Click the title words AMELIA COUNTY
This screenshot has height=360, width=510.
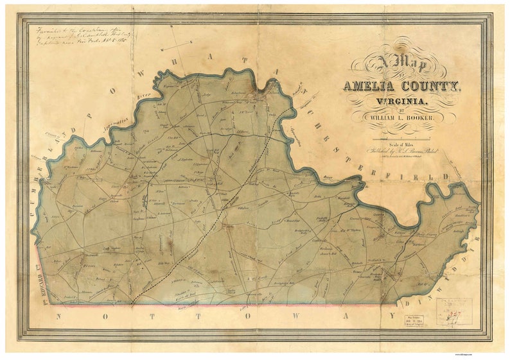400,86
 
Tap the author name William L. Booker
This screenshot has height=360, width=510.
401,119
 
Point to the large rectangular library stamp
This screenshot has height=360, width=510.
453,311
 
